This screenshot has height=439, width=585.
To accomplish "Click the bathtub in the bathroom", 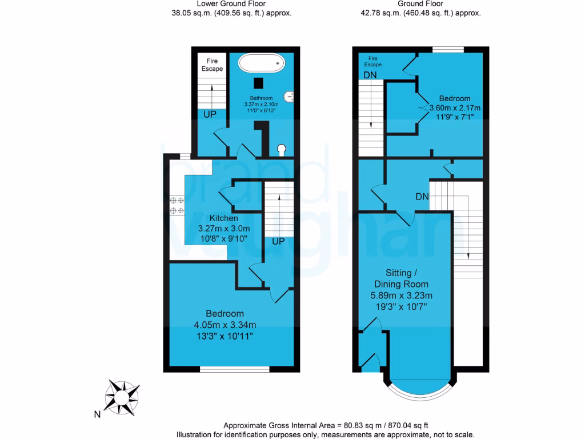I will coord(261,63).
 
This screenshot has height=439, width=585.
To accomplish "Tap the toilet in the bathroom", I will coord(282,150).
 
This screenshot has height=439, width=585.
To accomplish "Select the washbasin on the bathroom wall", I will coord(291,97).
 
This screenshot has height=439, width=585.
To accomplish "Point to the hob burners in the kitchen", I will coord(177,206).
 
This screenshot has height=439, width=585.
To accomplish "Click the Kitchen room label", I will coord(224,218).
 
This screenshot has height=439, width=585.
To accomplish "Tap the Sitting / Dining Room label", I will coord(400,278).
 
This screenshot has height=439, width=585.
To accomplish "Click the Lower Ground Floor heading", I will coord(232,3).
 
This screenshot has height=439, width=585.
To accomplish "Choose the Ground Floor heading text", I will coord(420,3).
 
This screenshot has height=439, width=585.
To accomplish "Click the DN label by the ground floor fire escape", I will coord(370,75).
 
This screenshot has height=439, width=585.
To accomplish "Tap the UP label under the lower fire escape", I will coord(210,114).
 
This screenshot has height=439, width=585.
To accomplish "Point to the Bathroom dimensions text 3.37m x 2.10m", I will coord(261,105).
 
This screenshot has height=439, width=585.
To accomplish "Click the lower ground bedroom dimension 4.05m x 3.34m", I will coord(225,325).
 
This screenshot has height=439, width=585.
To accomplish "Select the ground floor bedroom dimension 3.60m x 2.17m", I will coord(455,107).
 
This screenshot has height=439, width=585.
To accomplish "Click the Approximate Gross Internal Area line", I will coord(326,425).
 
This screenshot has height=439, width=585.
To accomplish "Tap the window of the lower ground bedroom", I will coord(235,369).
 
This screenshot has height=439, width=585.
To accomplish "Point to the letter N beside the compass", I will coord(97,414).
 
